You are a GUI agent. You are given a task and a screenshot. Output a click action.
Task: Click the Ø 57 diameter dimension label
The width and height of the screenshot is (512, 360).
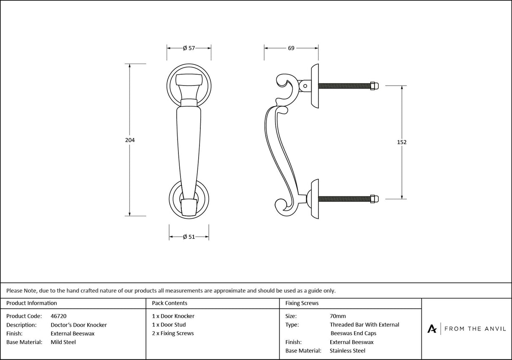189,48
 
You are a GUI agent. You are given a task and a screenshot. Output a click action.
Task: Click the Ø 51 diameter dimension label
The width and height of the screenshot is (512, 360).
189,237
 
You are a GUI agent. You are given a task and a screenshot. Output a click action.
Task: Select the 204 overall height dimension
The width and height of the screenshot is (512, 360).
130,140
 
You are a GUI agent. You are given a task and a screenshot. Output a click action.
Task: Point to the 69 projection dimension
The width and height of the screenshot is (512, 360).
291,48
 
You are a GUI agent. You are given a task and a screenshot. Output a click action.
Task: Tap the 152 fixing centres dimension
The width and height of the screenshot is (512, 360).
402,142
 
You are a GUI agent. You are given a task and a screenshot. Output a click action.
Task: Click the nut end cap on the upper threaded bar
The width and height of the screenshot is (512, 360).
374,86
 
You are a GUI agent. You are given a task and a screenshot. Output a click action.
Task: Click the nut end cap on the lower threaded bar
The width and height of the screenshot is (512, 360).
374,199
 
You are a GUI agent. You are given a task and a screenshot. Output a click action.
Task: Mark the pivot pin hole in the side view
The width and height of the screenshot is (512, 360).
305,86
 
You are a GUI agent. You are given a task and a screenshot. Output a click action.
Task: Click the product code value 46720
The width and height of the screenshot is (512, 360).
58,316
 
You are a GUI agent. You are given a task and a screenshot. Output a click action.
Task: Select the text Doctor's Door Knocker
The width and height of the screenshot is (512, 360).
78,325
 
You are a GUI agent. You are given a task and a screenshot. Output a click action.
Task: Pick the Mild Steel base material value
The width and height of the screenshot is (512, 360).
63,342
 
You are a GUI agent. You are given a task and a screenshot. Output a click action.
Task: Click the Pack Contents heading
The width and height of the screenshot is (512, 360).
170,303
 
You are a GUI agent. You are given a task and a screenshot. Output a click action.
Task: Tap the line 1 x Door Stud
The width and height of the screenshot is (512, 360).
169,325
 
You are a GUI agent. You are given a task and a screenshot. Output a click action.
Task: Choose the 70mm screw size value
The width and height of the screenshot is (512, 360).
337,316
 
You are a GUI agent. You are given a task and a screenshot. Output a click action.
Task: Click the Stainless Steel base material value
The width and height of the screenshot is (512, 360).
348,351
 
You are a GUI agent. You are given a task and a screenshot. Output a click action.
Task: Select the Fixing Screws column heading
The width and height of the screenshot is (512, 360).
302,303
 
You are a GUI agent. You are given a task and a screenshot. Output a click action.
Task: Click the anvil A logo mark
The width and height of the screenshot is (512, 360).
432,328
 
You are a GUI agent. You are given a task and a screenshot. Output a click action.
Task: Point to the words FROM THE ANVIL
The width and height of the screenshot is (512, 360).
475,328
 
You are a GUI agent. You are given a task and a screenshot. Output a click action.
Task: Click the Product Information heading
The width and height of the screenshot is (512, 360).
32,303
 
